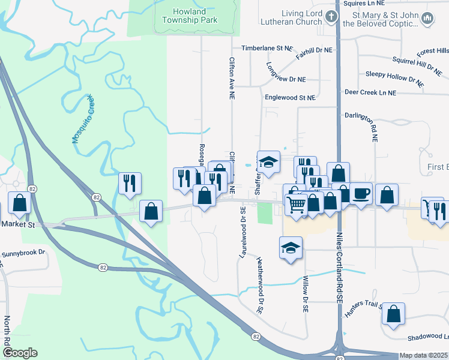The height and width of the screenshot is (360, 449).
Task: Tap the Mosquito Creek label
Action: point(83,118)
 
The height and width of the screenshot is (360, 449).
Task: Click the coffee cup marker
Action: point(360,193)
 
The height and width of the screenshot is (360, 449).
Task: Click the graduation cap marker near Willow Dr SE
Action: point(291,248)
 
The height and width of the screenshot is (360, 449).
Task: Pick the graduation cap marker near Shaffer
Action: point(268,161)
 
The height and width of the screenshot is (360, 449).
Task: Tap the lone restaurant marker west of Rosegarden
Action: point(130,183)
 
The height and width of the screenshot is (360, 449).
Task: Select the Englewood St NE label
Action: point(290,97)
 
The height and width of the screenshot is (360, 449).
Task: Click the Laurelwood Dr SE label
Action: point(243,232)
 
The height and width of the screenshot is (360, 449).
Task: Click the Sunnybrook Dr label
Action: point(23,254)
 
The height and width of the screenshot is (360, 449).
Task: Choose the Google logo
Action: point(20,353)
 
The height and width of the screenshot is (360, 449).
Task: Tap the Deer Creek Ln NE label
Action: point(370,93)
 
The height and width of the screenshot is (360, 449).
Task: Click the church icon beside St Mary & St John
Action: point(427,19)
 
